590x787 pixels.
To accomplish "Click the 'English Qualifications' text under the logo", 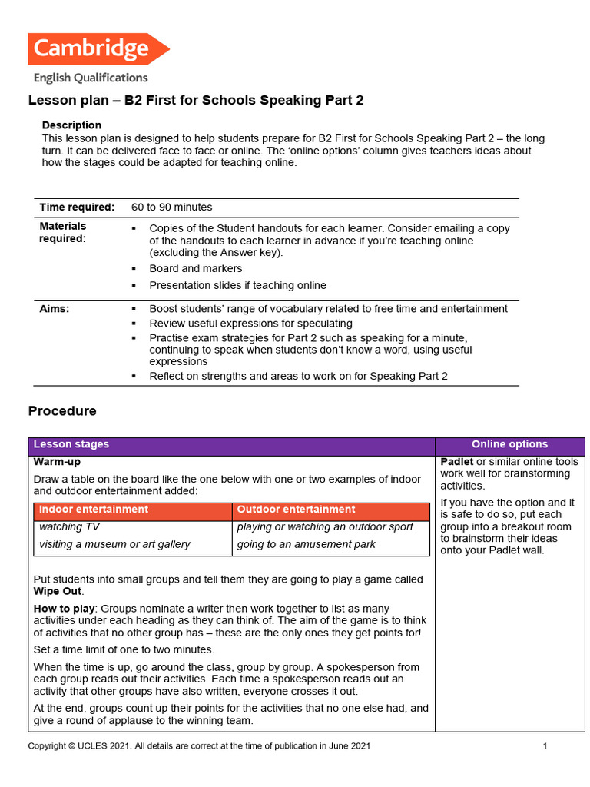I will coord(91,77).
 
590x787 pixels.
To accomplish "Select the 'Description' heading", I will coord(71,125).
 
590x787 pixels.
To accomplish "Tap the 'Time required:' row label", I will coord(77,208).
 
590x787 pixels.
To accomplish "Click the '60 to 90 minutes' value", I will coord(171,208).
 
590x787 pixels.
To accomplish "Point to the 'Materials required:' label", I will coord(63,232).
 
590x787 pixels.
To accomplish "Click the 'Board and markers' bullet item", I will coord(195,268).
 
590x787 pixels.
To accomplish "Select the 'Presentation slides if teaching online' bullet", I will coord(237,285).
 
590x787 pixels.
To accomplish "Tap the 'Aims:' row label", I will coord(55,309).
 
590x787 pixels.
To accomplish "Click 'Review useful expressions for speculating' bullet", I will coord(250,324).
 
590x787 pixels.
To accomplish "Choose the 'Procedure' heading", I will coord(62,411).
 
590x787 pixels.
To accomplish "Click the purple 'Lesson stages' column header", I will coord(71,444).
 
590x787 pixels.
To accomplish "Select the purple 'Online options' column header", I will coord(509,444).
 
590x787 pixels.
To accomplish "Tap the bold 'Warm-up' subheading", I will coord(57,463).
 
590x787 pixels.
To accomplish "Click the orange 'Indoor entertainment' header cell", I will coord(94,510).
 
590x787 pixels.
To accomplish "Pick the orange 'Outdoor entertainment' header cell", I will coord(296,510).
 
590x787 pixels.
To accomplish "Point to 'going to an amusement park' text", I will coord(295,545).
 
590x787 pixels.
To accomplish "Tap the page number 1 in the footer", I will coord(545,746).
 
